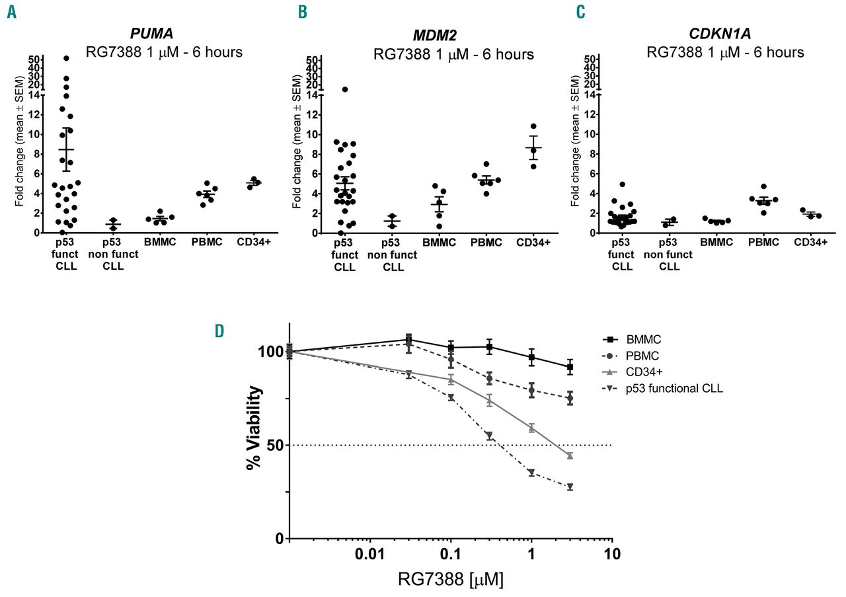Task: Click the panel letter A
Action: coord(12,11)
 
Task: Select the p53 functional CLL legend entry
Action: coord(674,389)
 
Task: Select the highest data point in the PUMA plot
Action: coord(66,58)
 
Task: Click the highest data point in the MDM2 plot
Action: coord(345,89)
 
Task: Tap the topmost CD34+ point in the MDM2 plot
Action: coord(533,126)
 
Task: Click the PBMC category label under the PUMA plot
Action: coord(206,243)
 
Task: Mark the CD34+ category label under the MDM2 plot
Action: coord(534,243)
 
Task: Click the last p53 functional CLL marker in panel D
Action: coord(570,487)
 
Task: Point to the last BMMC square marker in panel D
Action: coord(570,367)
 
